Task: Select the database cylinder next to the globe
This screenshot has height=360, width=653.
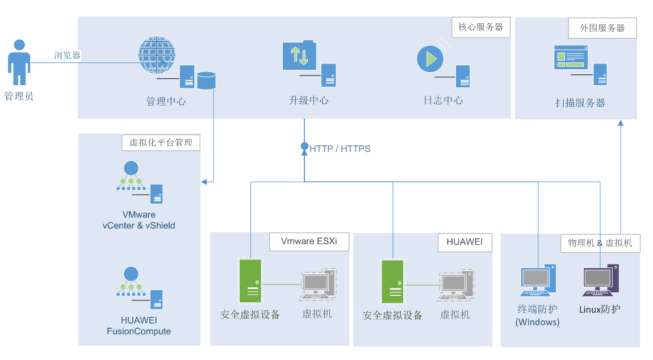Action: [x=206, y=80]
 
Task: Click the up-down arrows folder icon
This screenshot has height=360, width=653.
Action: [x=299, y=56]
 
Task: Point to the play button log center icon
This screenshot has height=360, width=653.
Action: [x=430, y=58]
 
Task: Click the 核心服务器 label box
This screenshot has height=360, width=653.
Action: [x=481, y=27]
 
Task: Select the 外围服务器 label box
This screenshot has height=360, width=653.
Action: [x=602, y=28]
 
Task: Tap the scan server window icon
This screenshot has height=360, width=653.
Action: [x=571, y=57]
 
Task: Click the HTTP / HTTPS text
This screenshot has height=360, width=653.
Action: [x=340, y=149]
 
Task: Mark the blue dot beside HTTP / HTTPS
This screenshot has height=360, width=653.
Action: [x=304, y=146]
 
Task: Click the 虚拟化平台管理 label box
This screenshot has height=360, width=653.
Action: [x=161, y=143]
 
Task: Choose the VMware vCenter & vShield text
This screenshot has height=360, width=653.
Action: [x=139, y=220]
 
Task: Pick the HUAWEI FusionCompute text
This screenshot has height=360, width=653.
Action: [x=139, y=326]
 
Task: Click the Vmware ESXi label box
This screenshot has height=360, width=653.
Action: [x=309, y=241]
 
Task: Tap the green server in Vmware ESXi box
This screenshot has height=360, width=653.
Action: [x=250, y=281]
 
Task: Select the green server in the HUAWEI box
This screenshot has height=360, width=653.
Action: [x=392, y=282]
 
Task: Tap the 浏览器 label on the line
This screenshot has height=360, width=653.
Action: [x=68, y=56]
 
